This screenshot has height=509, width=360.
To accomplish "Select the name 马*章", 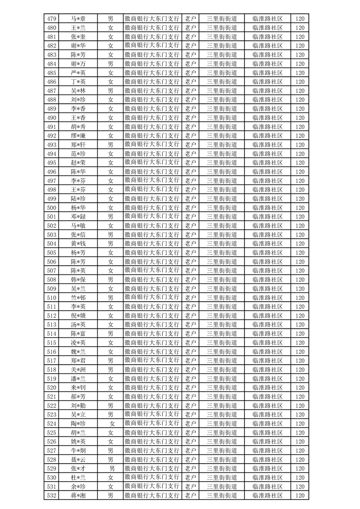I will [x=79, y=19].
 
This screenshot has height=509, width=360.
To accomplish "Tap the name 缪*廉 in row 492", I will [x=79, y=136].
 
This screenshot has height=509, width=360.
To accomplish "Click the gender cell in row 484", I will [x=110, y=64].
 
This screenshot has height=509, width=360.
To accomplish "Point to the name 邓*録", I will [x=79, y=217].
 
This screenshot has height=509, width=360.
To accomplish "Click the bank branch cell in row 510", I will [x=152, y=298].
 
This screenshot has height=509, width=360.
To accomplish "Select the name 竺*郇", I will [x=79, y=298].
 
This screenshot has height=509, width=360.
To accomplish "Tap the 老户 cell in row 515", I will [x=190, y=343].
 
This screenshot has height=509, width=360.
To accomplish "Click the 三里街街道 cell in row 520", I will [x=222, y=387].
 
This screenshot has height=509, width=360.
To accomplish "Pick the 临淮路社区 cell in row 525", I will [x=267, y=432].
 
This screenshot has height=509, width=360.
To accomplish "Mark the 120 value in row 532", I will [x=299, y=495].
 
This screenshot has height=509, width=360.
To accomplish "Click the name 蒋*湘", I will [x=79, y=495].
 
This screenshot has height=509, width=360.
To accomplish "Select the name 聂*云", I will [x=79, y=460].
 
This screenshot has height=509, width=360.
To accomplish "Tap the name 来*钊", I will [x=79, y=387].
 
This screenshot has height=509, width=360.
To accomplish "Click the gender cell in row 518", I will [x=110, y=370].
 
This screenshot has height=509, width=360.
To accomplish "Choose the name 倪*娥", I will [x=79, y=316].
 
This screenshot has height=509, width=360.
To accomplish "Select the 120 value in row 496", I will [x=299, y=172].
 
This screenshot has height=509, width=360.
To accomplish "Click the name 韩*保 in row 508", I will [x=79, y=280].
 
